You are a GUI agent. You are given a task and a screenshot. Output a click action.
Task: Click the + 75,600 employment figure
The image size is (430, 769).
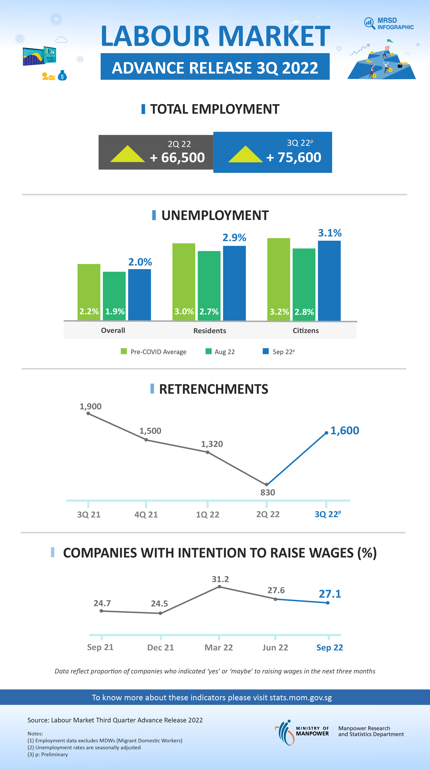(293, 157)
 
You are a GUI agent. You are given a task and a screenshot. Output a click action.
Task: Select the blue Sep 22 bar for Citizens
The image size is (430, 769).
(329, 281)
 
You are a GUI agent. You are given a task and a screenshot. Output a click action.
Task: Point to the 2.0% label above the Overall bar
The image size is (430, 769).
(140, 262)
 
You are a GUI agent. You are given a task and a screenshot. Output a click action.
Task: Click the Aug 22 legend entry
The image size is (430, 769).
(220, 352)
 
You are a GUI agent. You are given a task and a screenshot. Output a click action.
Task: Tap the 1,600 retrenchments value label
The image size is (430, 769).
(345, 430)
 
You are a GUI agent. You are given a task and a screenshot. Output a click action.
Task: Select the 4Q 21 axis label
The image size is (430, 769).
(146, 514)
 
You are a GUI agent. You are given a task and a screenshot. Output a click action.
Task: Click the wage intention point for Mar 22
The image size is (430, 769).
(219, 587)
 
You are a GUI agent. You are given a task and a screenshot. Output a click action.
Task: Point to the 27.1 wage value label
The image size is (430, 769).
(330, 594)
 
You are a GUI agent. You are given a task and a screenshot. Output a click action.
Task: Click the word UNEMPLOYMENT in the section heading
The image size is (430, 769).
(215, 215)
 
